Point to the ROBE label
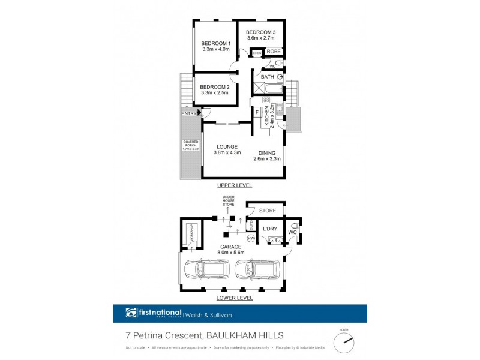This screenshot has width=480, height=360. [x=273, y=52]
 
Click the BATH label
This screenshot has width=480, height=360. [x=267, y=77]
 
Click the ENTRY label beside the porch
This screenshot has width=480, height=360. [x=188, y=113]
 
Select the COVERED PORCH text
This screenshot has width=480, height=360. [x=190, y=145]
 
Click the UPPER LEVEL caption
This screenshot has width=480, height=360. [x=235, y=185]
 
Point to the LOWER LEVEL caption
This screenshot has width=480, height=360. [x=235, y=298]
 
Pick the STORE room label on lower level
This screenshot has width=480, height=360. [x=268, y=211]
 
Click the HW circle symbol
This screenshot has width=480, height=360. [x=250, y=239]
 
